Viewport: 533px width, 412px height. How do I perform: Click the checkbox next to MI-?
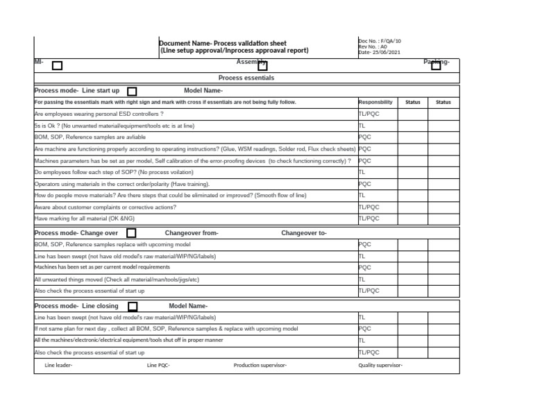[x=57, y=66]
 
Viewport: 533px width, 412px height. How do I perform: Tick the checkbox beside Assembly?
[x=263, y=65]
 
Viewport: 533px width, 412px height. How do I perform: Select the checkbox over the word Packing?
[x=435, y=65]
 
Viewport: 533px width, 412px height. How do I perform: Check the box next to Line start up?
[x=132, y=92]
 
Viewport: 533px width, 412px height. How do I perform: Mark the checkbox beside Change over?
[x=131, y=234]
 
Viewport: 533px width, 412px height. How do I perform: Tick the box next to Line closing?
[x=133, y=307]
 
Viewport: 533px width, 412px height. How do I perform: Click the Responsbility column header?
[x=375, y=102]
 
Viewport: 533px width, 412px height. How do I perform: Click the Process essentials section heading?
[x=246, y=78]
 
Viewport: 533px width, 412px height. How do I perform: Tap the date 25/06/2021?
[x=379, y=52]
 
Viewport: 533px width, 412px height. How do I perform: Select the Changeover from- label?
[x=192, y=234]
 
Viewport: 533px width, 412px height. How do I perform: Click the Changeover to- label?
[x=303, y=234]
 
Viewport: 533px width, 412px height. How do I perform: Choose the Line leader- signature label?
[x=58, y=366]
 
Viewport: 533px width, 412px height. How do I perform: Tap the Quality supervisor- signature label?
[x=380, y=366]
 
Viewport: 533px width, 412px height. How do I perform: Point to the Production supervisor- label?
[x=260, y=366]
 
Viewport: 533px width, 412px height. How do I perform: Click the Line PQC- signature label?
[x=158, y=366]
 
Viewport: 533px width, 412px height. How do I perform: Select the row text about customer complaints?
[x=105, y=207]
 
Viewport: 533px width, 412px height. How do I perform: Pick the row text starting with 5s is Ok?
[x=114, y=126]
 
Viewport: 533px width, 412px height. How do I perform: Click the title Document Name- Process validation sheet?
[x=223, y=43]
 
